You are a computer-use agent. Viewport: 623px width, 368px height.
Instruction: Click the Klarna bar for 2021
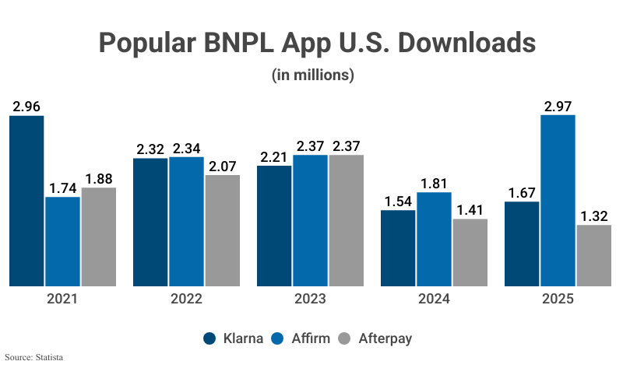click(x=26, y=201)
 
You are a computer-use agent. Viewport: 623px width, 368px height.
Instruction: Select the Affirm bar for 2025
click(x=558, y=200)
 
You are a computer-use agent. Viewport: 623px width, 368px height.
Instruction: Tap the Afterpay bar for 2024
click(x=470, y=252)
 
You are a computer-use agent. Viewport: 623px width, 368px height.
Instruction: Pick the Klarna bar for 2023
click(x=274, y=226)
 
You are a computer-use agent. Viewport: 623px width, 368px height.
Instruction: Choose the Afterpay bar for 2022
click(x=222, y=230)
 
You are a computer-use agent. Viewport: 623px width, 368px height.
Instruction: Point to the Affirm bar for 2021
click(x=62, y=241)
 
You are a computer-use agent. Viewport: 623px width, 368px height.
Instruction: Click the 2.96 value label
click(x=26, y=105)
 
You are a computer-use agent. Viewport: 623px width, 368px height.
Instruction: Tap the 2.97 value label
click(x=558, y=104)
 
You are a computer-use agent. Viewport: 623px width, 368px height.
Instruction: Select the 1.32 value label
click(x=593, y=215)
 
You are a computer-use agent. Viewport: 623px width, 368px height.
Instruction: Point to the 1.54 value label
click(x=398, y=200)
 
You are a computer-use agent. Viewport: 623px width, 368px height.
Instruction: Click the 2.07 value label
click(x=222, y=165)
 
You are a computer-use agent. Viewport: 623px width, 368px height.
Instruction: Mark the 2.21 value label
click(x=274, y=156)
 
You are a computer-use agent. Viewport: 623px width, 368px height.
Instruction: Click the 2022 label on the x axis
click(x=186, y=300)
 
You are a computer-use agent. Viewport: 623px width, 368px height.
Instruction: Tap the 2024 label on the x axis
click(x=434, y=300)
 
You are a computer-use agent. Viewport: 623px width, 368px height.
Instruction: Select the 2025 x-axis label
click(x=558, y=300)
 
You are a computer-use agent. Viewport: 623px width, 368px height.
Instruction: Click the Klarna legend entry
click(x=234, y=338)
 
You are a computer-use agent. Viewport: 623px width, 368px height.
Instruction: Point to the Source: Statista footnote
click(x=32, y=358)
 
